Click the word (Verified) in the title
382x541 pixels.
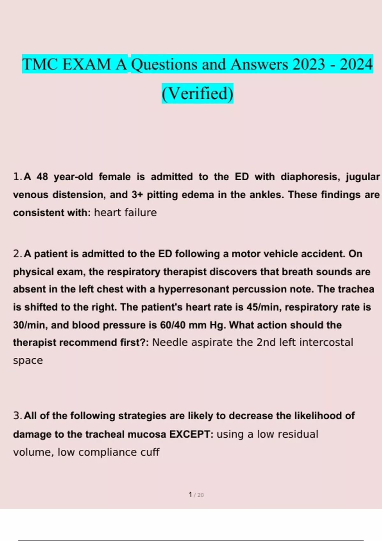coord(197,93)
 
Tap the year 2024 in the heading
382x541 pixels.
coord(356,64)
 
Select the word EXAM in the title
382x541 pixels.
coord(87,64)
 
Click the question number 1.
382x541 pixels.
coord(17,177)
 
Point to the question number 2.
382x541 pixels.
coord(17,254)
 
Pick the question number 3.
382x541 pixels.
coord(17,416)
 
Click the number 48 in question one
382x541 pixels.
coord(42,177)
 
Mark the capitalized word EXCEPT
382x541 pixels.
coord(191,434)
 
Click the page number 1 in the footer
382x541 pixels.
coord(190,495)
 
